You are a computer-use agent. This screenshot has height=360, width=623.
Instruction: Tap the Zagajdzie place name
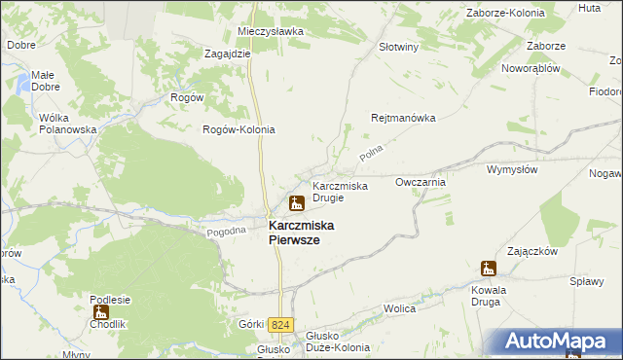click(x=228, y=54)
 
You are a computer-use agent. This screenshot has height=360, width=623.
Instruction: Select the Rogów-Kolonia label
click(x=238, y=129)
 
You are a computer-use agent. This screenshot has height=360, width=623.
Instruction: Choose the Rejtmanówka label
click(x=402, y=118)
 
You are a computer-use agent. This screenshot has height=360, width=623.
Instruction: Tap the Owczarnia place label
click(x=421, y=182)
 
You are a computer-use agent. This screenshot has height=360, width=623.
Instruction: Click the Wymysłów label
click(x=512, y=169)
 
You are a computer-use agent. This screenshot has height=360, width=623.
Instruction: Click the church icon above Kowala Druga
click(x=489, y=269)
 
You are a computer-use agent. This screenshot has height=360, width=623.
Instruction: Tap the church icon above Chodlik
click(x=100, y=312)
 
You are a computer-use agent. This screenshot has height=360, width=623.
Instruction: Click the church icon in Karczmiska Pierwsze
click(x=296, y=203)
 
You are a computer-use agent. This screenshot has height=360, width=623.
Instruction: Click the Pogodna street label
click(x=226, y=233)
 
